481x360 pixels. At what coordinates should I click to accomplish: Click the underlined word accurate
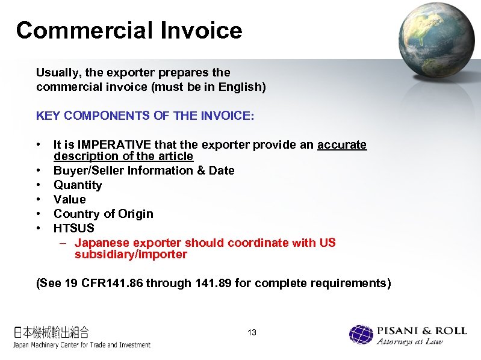[342, 145]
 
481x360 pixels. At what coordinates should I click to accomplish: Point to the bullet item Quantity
[78, 185]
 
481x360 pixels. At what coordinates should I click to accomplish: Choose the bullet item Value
[70, 200]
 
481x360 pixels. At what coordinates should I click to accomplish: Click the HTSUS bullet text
[74, 229]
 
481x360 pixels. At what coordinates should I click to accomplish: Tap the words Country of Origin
[104, 214]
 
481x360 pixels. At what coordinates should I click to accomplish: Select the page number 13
[252, 332]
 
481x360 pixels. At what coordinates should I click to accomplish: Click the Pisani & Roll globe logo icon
[361, 335]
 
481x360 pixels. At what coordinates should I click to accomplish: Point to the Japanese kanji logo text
[52, 332]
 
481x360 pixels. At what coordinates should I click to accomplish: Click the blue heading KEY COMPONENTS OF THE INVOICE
[145, 116]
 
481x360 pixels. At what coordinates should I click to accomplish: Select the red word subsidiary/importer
[131, 255]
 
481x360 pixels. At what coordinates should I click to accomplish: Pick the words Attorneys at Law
[409, 342]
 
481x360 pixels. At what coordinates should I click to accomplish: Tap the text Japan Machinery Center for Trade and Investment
[82, 345]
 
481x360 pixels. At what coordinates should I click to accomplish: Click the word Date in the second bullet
[221, 171]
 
